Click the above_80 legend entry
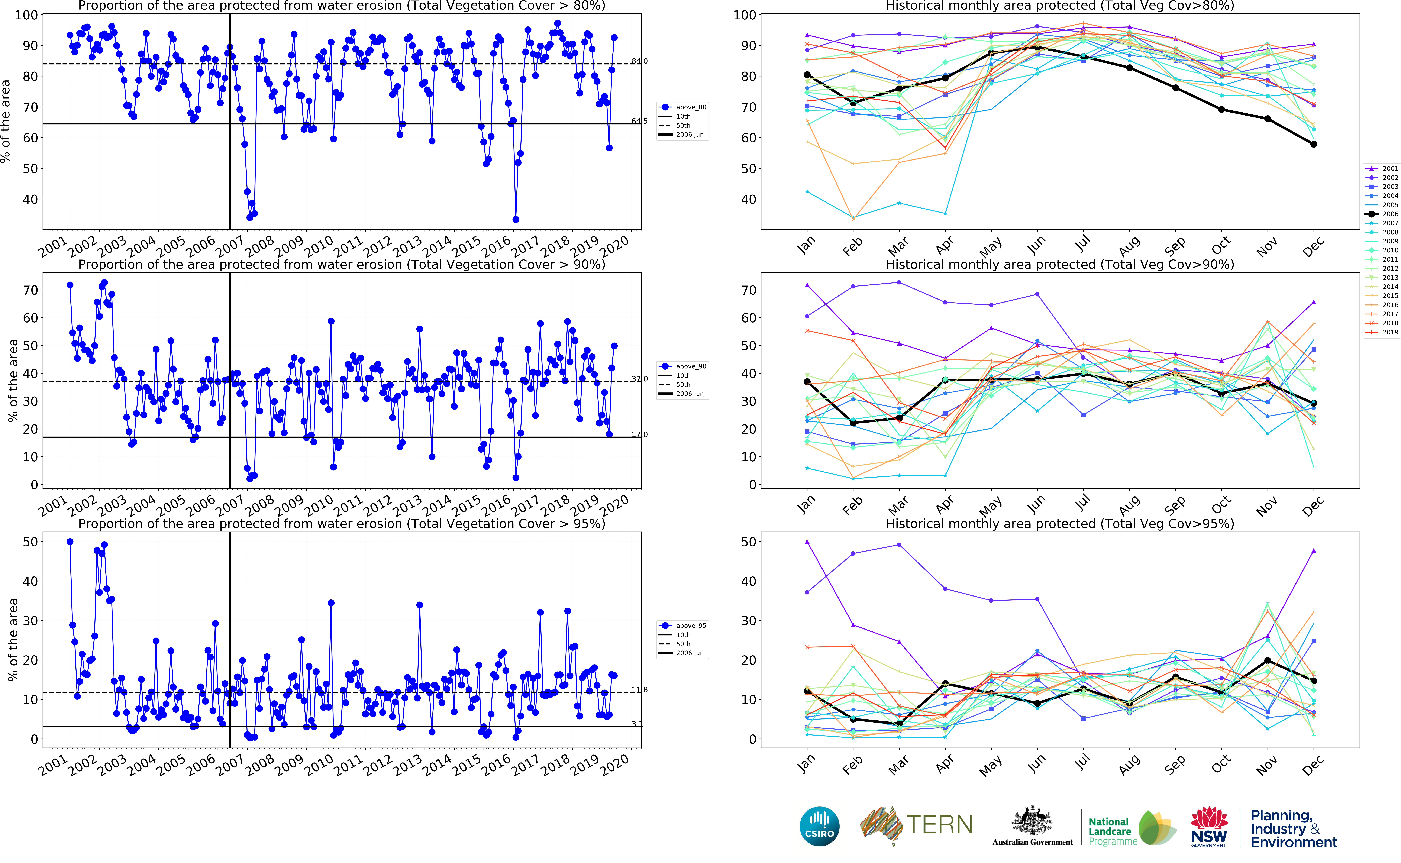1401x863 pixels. click(691, 107)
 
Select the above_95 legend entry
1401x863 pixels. click(691, 626)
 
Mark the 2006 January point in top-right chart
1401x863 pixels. click(807, 75)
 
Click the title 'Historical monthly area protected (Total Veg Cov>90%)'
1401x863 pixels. click(1060, 264)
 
